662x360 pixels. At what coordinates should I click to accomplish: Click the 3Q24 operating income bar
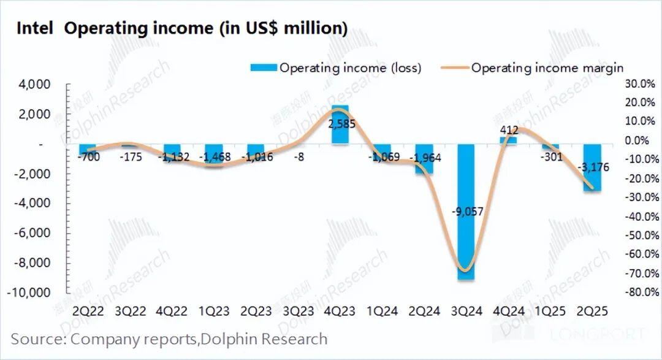[466, 245]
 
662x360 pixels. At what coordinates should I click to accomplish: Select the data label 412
[509, 130]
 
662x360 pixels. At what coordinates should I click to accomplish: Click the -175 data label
[132, 157]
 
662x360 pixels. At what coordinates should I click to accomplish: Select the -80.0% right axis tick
[641, 293]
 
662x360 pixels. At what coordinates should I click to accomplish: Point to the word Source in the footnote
[38, 339]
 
